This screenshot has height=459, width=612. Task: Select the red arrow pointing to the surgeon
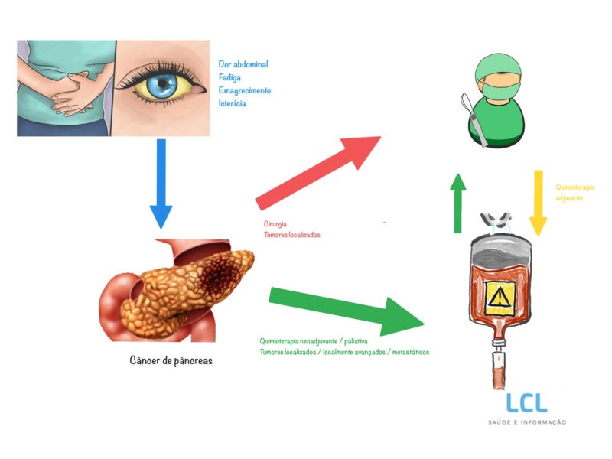317,171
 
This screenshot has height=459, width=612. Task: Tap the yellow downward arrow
539,202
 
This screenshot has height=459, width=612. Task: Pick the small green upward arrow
457,202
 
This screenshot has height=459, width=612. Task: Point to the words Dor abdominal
243,64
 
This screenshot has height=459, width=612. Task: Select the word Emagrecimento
245,90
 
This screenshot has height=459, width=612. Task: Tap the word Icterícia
233,103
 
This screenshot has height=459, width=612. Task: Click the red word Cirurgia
275,224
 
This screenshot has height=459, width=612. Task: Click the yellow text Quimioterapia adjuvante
575,192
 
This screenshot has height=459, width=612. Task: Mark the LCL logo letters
527,403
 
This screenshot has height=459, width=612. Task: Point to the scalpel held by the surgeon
468,115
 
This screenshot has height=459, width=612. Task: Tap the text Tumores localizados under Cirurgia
292,235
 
